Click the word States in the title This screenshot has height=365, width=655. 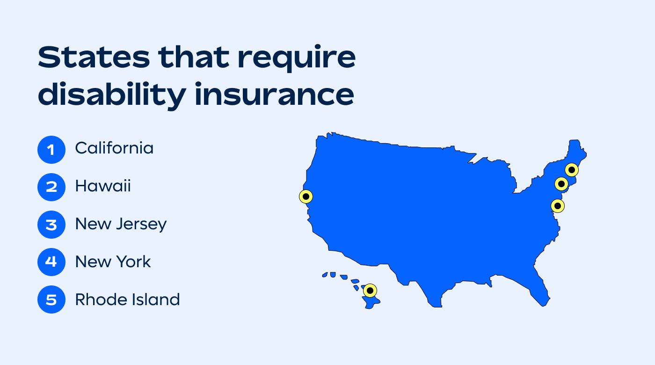point(94,58)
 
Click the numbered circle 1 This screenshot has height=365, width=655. point(51,150)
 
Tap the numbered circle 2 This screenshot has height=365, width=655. point(51,187)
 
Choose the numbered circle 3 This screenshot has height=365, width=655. point(51,225)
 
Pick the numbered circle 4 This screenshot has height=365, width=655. point(51,262)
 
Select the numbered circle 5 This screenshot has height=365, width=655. point(51,299)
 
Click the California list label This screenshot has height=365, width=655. point(114,148)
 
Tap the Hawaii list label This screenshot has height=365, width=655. point(103,186)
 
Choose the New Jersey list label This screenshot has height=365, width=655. point(121,224)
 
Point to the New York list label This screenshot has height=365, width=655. point(113,262)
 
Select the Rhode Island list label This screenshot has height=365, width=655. point(127,299)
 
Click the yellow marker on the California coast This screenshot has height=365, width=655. point(306,197)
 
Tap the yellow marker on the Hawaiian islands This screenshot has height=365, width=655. point(370,291)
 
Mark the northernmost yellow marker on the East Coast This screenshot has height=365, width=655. point(571,169)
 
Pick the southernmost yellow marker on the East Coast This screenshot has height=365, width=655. point(557,205)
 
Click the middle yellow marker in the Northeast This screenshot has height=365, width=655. point(561,184)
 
